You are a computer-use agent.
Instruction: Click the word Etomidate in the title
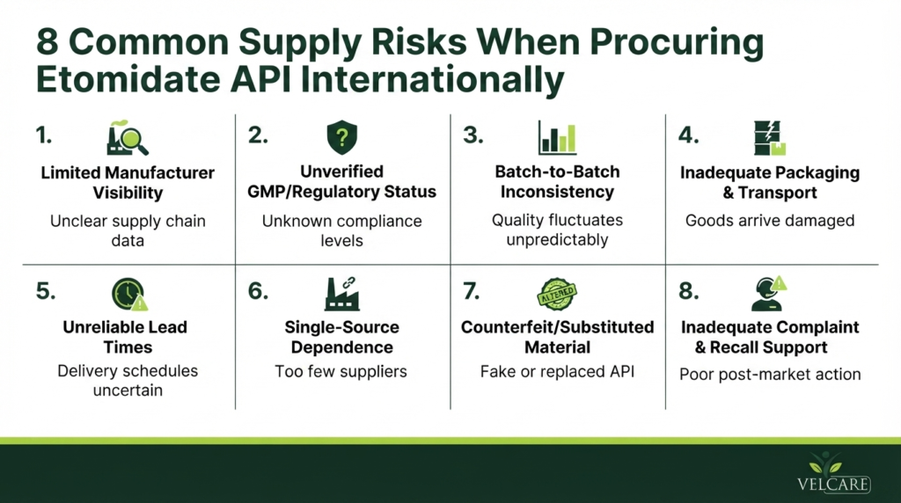point(128,80)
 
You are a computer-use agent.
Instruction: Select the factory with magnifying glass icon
point(127,138)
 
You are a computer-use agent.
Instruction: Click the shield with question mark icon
point(342,137)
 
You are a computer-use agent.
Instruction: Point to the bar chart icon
point(557,138)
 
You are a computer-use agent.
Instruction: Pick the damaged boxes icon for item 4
point(769,138)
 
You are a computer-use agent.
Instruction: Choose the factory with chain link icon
point(342,294)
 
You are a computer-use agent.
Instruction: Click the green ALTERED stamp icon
point(557,294)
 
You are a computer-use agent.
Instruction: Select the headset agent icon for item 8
point(769,294)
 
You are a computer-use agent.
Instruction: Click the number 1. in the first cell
point(44,135)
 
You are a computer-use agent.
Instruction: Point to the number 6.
point(258,291)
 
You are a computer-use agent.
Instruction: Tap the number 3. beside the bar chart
point(472,135)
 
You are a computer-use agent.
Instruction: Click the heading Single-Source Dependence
point(342,337)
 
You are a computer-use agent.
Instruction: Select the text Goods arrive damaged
point(770,221)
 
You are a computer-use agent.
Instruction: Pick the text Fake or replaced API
point(557,371)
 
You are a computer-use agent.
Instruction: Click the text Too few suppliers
point(341,371)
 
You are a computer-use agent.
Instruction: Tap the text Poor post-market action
point(770,375)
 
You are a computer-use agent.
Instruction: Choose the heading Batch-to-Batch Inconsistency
point(557,181)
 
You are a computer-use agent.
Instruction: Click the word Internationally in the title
point(432,80)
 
